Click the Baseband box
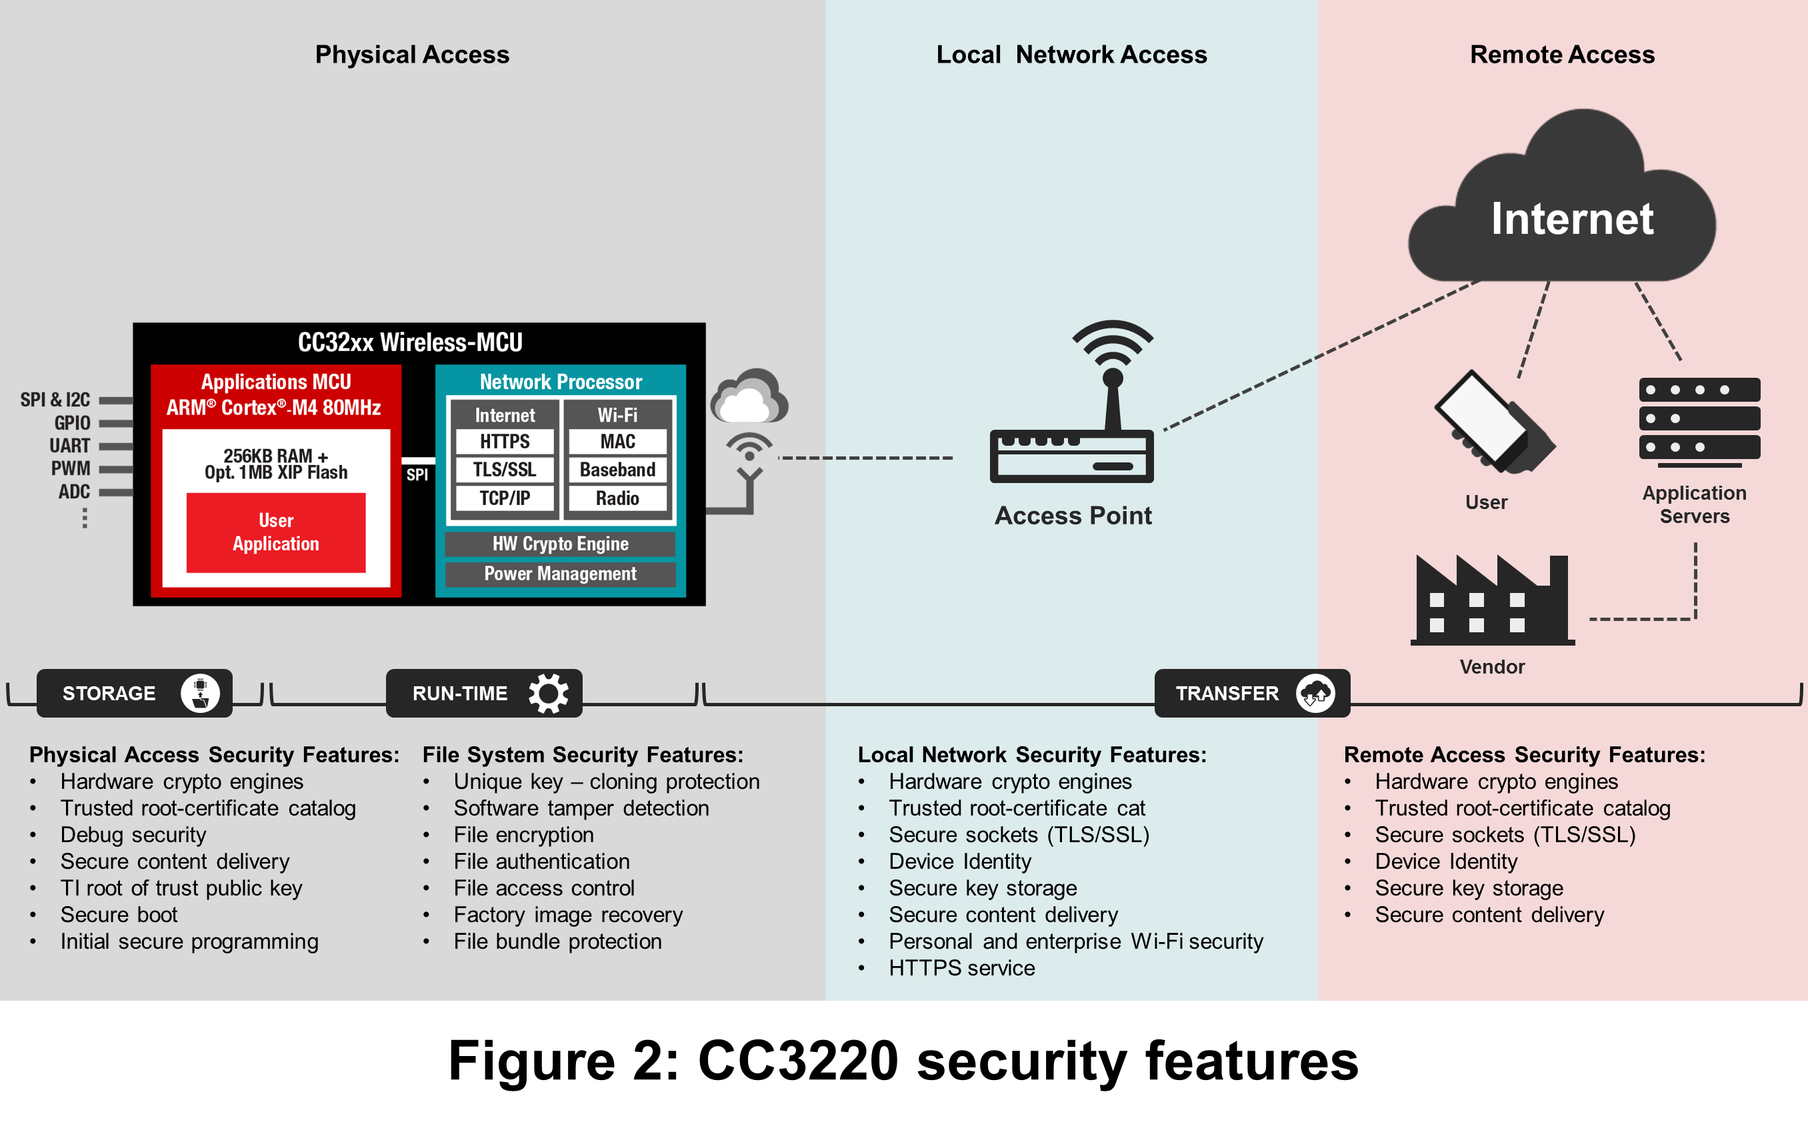[617, 470]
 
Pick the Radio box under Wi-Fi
[617, 498]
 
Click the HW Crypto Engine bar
[560, 544]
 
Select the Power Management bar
[560, 574]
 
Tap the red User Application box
[275, 532]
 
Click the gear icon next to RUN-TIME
[548, 694]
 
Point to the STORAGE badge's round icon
[201, 694]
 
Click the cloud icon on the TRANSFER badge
[1315, 694]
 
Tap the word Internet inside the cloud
[1572, 219]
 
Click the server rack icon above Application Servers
[1699, 421]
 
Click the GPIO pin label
[72, 423]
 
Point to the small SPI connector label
[417, 475]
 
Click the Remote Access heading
[1562, 55]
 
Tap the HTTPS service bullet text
[962, 968]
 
